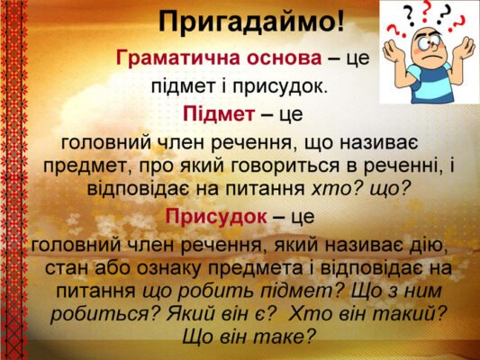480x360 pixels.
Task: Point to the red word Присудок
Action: pyautogui.click(x=216, y=217)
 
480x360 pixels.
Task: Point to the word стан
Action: pyautogui.click(x=66, y=268)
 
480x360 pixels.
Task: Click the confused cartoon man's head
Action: pyautogui.click(x=426, y=40)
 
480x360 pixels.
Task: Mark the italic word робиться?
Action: pyautogui.click(x=104, y=314)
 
